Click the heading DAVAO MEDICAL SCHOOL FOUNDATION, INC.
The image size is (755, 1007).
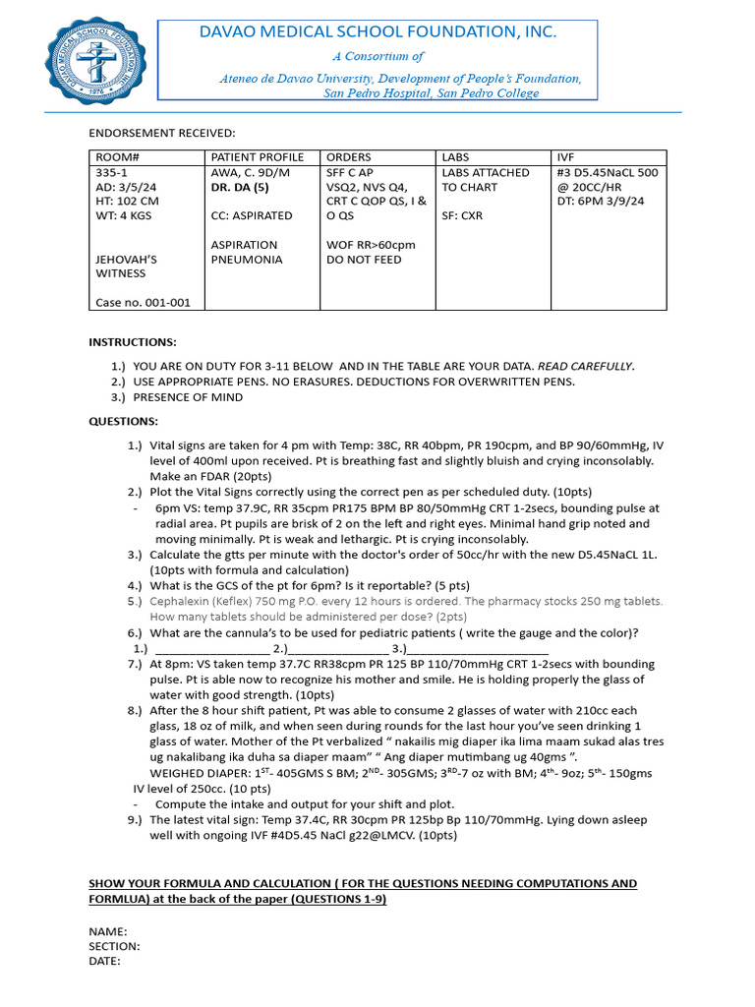(x=377, y=32)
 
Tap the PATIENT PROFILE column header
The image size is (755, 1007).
(x=258, y=157)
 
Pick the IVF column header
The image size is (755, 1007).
(x=566, y=157)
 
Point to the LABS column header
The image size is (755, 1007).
(x=456, y=157)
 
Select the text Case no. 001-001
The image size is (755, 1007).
(x=143, y=303)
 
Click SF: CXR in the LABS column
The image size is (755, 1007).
(x=465, y=215)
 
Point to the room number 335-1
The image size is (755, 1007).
(x=110, y=172)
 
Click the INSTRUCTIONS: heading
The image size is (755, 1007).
(x=133, y=342)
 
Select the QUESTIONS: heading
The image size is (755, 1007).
(x=124, y=421)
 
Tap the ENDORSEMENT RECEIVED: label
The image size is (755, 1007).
(x=162, y=133)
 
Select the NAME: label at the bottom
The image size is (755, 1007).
(x=107, y=931)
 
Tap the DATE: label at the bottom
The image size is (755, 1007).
(x=105, y=961)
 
